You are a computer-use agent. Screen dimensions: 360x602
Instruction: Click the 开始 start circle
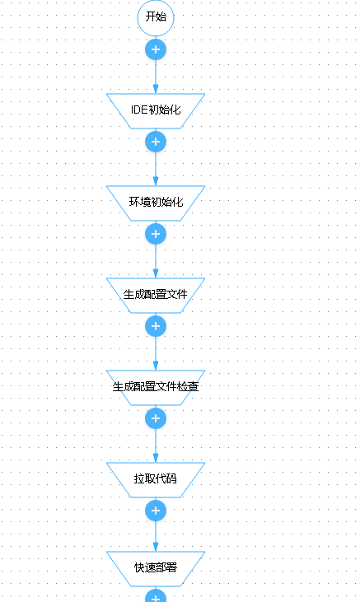pyautogui.click(x=156, y=17)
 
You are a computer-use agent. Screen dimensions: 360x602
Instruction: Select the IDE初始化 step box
pyautogui.click(x=156, y=110)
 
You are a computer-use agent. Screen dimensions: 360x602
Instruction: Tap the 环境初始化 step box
pyautogui.click(x=156, y=203)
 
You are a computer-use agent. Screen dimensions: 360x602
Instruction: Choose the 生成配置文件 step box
pyautogui.click(x=156, y=295)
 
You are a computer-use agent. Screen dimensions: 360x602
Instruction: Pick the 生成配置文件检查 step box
pyautogui.click(x=156, y=387)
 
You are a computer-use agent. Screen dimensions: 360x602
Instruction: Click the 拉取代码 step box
pyautogui.click(x=156, y=479)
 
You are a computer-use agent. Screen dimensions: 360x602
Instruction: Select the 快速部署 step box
pyautogui.click(x=156, y=568)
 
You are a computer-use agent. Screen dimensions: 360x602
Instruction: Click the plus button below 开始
pyautogui.click(x=156, y=49)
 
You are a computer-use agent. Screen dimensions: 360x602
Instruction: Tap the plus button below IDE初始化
pyautogui.click(x=156, y=142)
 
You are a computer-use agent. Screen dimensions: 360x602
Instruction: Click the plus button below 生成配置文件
pyautogui.click(x=156, y=326)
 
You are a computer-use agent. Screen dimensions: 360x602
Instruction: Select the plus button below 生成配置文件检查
pyautogui.click(x=156, y=418)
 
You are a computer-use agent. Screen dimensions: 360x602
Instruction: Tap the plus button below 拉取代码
pyautogui.click(x=156, y=511)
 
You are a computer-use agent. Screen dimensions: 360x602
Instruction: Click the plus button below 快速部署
pyautogui.click(x=156, y=596)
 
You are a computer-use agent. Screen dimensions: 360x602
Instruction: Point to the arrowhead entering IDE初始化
pyautogui.click(x=156, y=89)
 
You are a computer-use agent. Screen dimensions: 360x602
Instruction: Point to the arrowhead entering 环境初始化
pyautogui.click(x=156, y=181)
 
